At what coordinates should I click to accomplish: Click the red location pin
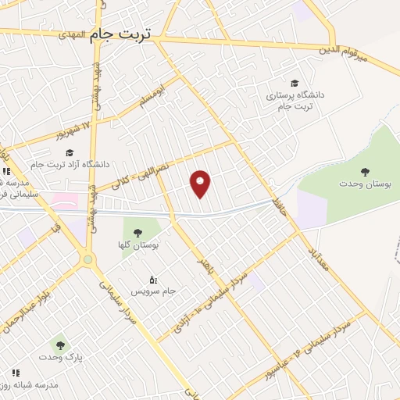pyautogui.click(x=202, y=184)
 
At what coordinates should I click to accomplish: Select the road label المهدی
pyautogui.click(x=69, y=34)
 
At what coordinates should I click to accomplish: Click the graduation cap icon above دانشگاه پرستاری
pyautogui.click(x=294, y=83)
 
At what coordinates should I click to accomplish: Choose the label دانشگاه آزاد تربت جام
pyautogui.click(x=75, y=164)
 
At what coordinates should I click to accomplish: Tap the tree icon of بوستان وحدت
pyautogui.click(x=365, y=170)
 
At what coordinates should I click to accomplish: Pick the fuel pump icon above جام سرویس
pyautogui.click(x=153, y=279)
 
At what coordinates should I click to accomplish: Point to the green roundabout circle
pyautogui.click(x=87, y=259)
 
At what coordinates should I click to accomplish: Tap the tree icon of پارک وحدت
pyautogui.click(x=58, y=343)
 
